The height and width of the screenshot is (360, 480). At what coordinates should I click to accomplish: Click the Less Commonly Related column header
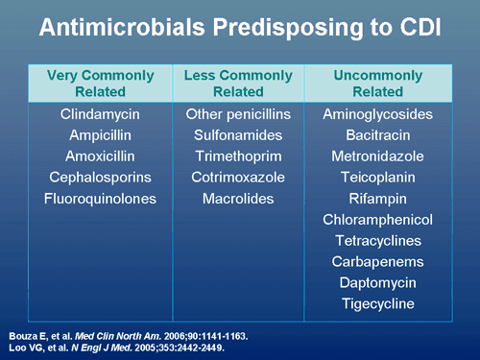(238, 83)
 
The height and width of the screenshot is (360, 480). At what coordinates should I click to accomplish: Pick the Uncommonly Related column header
(377, 83)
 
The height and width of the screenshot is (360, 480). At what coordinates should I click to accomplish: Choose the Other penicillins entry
(238, 115)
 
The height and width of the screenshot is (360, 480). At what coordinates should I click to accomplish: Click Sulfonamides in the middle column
(238, 135)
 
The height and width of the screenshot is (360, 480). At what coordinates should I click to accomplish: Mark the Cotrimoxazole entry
(238, 178)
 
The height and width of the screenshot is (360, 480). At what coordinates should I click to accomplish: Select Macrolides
(238, 199)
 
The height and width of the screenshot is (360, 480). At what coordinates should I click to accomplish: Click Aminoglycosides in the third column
(377, 115)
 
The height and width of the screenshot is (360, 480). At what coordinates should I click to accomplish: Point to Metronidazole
(377, 156)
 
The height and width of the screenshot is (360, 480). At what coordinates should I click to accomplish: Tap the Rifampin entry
(377, 199)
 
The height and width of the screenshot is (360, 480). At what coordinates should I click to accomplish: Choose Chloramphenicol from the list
(377, 220)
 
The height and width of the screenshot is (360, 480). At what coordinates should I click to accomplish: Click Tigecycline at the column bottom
(377, 303)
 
